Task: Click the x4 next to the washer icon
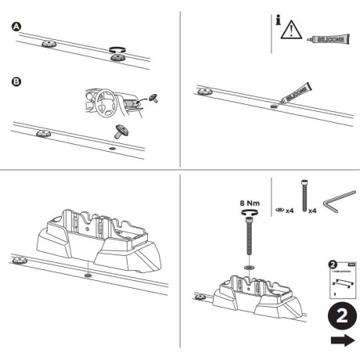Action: tap(290, 211)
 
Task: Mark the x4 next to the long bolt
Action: tap(312, 211)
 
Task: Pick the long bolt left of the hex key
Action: tap(301, 194)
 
